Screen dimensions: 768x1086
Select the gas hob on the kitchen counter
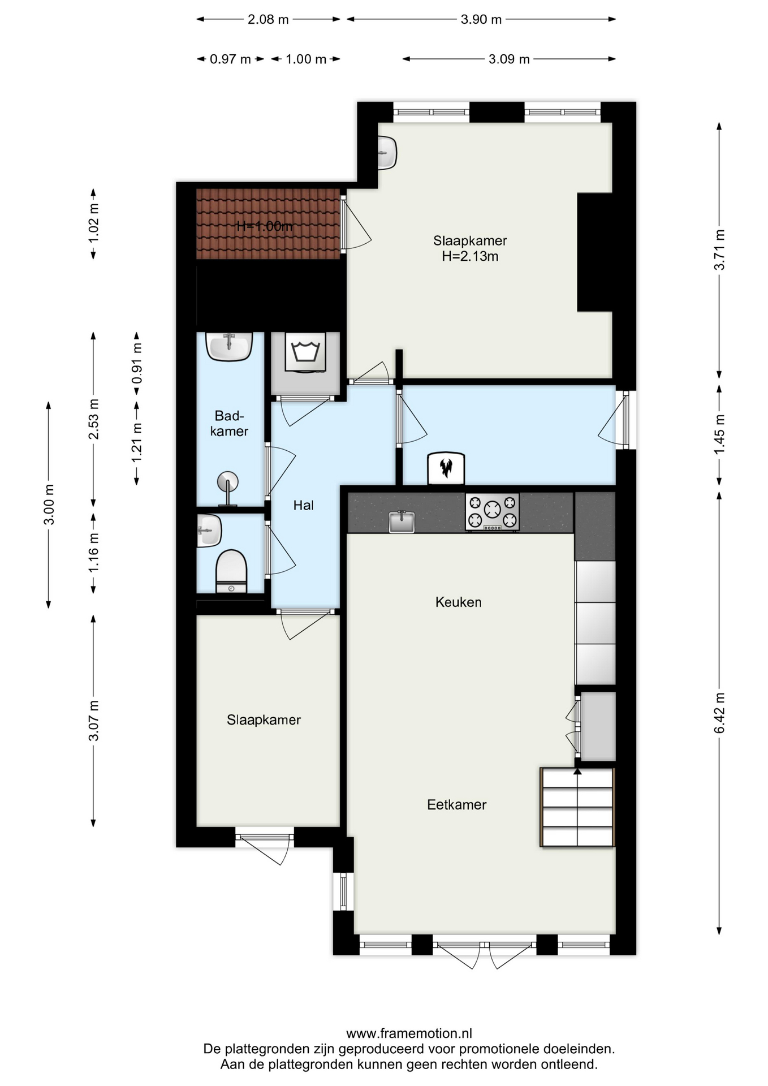[492, 512]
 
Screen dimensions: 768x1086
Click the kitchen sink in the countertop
[402, 522]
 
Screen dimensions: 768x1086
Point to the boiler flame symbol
[446, 468]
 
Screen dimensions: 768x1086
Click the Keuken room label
[459, 602]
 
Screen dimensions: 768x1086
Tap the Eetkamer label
[457, 804]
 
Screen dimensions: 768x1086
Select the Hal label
[303, 505]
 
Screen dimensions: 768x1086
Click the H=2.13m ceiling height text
[470, 256]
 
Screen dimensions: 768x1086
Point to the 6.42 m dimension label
[719, 713]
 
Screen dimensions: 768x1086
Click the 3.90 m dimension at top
[481, 19]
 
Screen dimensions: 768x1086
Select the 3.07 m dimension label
[94, 720]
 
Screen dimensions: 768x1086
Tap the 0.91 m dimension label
[137, 363]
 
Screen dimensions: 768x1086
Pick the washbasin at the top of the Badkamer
[229, 346]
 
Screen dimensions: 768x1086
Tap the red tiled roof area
[268, 224]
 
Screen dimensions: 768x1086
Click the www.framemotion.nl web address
[409, 1033]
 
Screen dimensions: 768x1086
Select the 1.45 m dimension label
[719, 434]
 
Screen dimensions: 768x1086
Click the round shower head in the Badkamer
[228, 482]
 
